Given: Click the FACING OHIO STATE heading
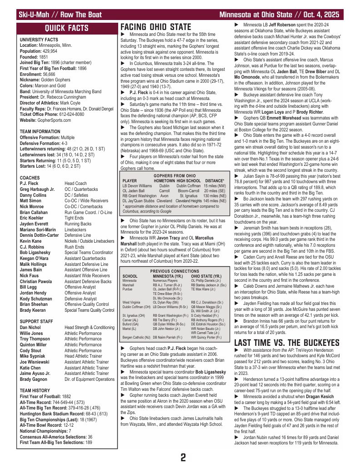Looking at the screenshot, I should (155, 27).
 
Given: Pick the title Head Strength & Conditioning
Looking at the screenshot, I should (90, 327).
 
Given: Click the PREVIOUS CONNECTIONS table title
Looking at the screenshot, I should (175, 270).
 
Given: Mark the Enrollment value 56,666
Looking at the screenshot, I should (47, 73).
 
